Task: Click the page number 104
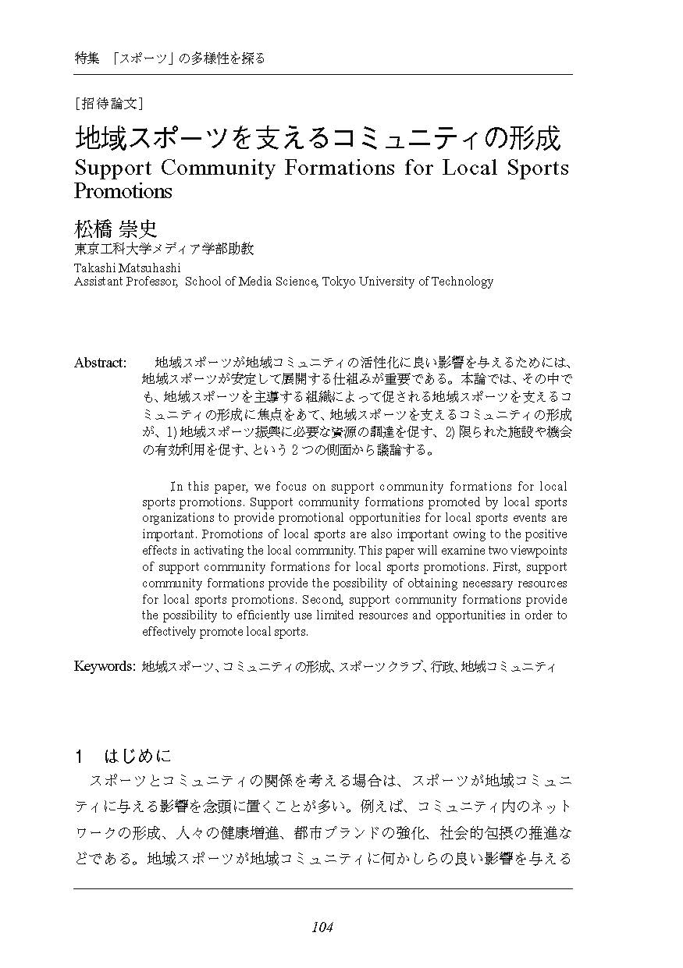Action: click(322, 927)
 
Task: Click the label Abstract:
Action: click(100, 363)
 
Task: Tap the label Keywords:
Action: click(105, 666)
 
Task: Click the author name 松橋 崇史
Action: click(116, 229)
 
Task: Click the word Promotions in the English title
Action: click(123, 190)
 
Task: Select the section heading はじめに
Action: click(137, 756)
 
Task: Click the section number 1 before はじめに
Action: click(79, 757)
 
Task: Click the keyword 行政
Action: click(443, 667)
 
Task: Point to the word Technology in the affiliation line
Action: click(464, 282)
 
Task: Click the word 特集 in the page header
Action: click(87, 58)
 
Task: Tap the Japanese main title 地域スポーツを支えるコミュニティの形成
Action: click(318, 138)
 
